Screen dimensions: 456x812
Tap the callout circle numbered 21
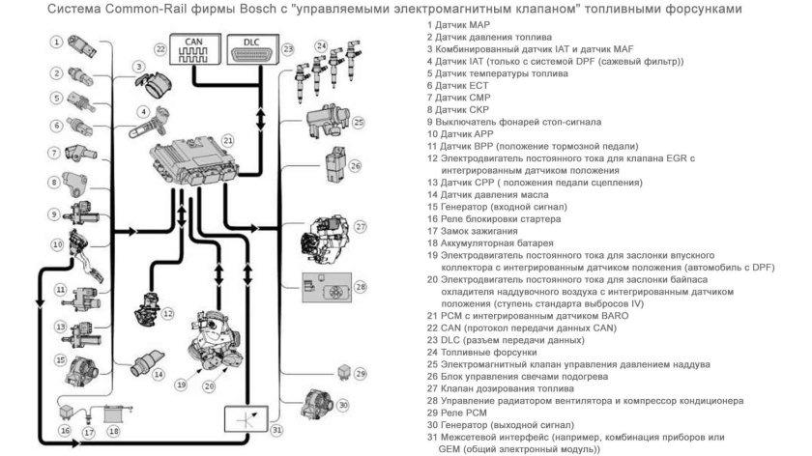[227, 139]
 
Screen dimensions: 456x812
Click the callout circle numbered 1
[59, 42]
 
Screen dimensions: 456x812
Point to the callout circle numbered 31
[276, 429]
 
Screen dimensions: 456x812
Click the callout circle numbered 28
[360, 287]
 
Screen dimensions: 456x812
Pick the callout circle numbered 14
[158, 373]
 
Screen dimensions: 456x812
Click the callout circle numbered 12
[167, 313]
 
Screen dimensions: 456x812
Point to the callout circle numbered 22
[160, 48]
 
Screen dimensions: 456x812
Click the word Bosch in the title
[231, 10]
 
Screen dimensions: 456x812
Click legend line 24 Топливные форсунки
[486, 353]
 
